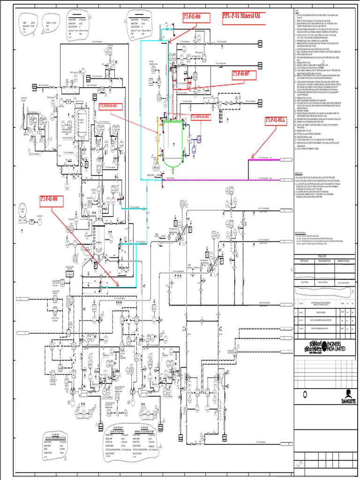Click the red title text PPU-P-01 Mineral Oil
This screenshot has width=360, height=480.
click(240, 17)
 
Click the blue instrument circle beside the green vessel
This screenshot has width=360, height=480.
click(199, 138)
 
